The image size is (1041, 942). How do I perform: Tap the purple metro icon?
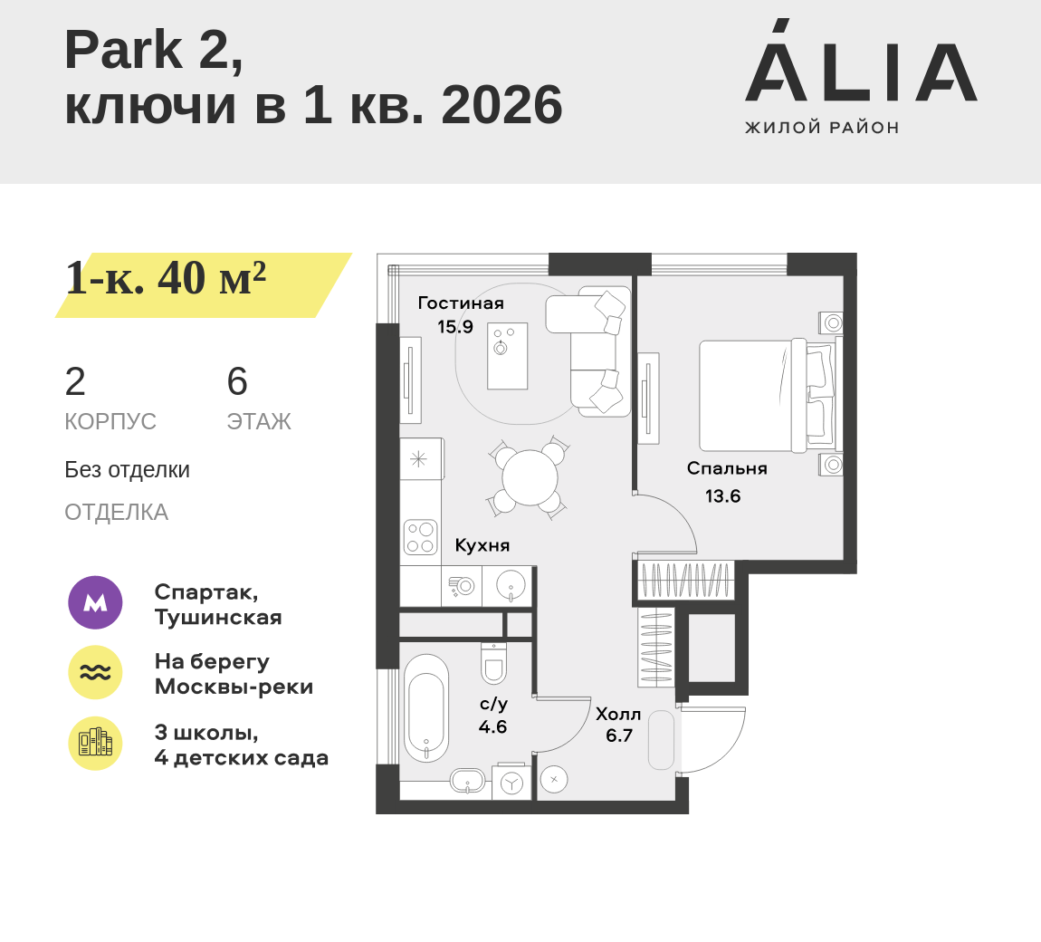(96, 602)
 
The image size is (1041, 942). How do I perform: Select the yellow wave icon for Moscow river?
(96, 672)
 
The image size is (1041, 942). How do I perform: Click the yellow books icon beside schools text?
(96, 744)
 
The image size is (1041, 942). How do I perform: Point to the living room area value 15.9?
(455, 327)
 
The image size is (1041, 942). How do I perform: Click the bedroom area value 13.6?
(723, 496)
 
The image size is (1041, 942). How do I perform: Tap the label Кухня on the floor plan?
(482, 545)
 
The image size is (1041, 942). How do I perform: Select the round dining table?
(530, 477)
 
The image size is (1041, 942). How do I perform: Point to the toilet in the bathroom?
(493, 662)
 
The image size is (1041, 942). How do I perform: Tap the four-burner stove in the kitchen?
(420, 537)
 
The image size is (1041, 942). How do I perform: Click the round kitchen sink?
(511, 586)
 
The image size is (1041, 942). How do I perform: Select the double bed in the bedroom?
(768, 395)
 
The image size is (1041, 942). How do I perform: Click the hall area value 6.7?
(619, 736)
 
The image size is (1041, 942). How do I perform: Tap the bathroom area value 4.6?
(492, 726)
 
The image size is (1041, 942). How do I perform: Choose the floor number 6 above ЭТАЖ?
(237, 381)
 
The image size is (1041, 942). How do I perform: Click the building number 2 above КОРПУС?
(75, 381)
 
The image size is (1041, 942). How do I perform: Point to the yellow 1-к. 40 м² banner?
(203, 285)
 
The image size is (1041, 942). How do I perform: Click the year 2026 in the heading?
(501, 105)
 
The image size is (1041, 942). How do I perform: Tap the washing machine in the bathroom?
(511, 783)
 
